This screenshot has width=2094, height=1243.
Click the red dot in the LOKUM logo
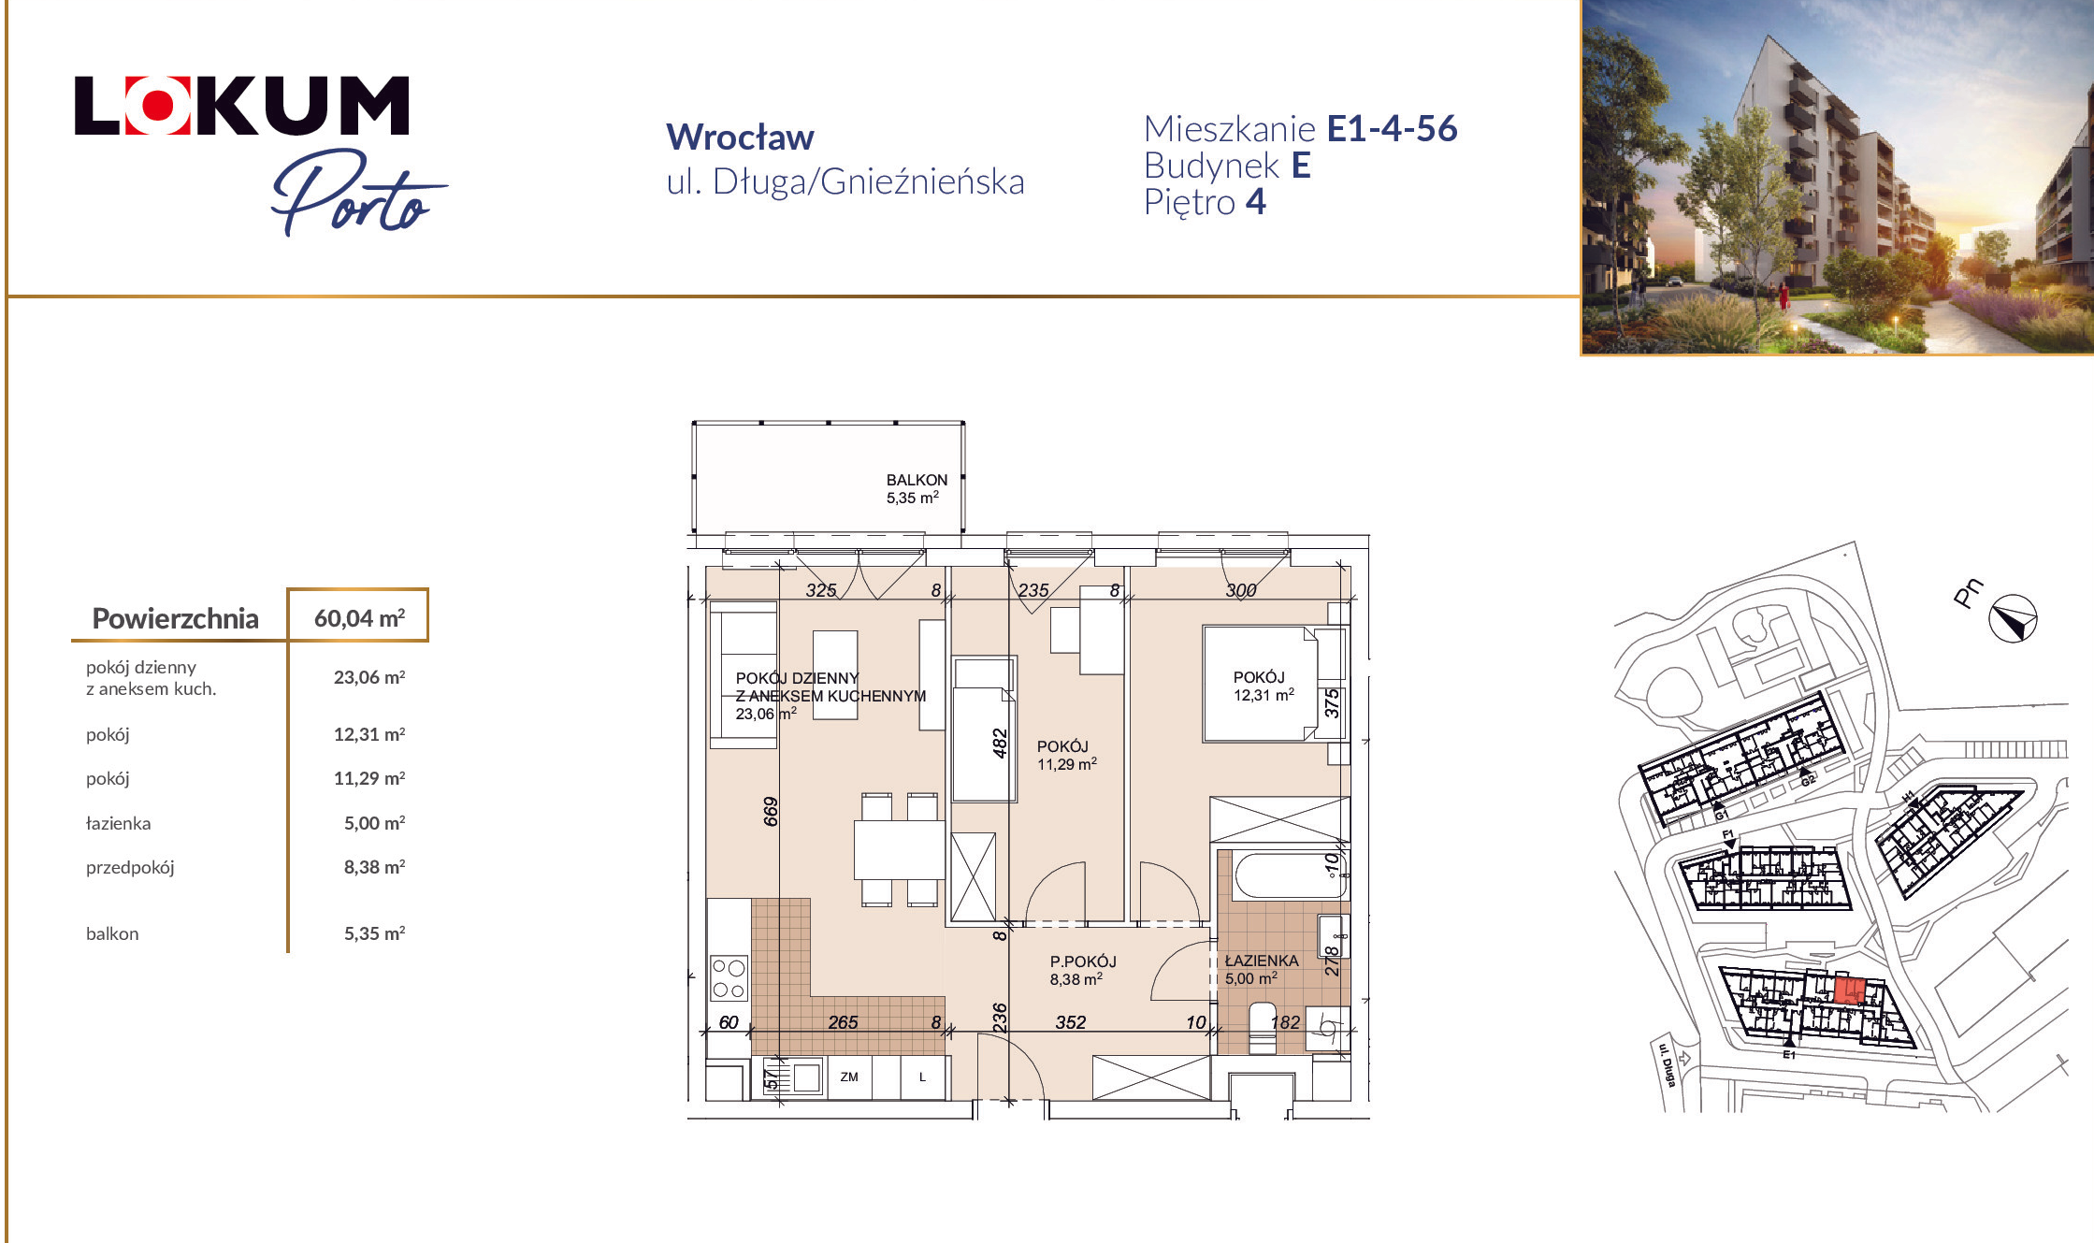[x=157, y=106]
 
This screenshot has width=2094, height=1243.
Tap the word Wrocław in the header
[x=740, y=137]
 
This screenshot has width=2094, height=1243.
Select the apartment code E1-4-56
[x=1392, y=129]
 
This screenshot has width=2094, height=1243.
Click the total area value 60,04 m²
[x=359, y=618]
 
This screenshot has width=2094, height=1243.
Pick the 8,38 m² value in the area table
[x=374, y=867]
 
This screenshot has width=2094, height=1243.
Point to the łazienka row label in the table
[x=118, y=823]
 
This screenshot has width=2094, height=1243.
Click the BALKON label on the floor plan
[x=917, y=480]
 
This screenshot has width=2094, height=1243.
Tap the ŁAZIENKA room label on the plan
[x=1262, y=961]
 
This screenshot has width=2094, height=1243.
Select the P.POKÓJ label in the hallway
[x=1083, y=961]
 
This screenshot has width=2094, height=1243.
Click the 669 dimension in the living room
[x=771, y=811]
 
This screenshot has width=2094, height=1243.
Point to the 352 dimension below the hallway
[x=1071, y=1022]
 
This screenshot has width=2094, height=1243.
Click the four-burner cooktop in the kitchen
[x=729, y=978]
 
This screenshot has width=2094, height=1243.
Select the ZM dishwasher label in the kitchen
[x=849, y=1077]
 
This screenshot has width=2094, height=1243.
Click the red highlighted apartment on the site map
[x=1849, y=990]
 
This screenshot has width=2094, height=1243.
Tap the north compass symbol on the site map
[x=2013, y=618]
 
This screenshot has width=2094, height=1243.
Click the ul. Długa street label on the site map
[x=1667, y=1063]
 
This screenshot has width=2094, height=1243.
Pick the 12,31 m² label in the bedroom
[x=1264, y=695]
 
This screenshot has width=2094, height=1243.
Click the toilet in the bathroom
[x=1263, y=1027]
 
